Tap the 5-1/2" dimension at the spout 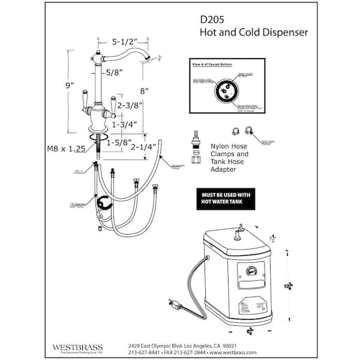[x=125, y=41]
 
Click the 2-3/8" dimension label [x=130, y=106]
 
